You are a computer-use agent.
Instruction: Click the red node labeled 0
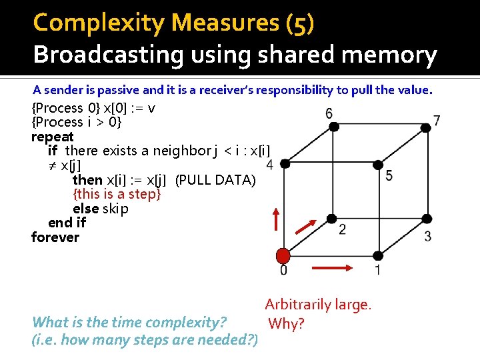click(x=283, y=255)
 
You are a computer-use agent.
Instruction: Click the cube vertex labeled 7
click(x=425, y=125)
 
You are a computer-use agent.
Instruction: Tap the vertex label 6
click(x=329, y=113)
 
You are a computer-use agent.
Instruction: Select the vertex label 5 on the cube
click(x=389, y=175)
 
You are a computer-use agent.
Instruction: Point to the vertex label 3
click(x=427, y=236)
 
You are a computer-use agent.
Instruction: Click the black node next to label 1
click(x=377, y=255)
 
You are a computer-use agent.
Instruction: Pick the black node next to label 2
click(x=331, y=218)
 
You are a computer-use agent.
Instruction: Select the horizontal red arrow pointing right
click(x=330, y=267)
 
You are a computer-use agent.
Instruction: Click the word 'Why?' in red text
click(x=286, y=324)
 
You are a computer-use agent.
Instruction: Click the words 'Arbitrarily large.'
click(x=318, y=305)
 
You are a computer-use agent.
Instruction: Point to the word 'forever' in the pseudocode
click(x=55, y=237)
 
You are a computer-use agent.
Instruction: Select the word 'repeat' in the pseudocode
click(x=53, y=137)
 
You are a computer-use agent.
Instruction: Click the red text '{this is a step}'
click(x=117, y=194)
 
